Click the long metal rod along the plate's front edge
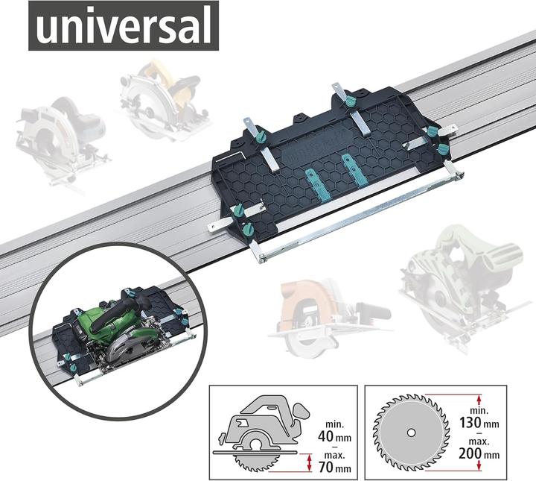coord(357,216)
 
